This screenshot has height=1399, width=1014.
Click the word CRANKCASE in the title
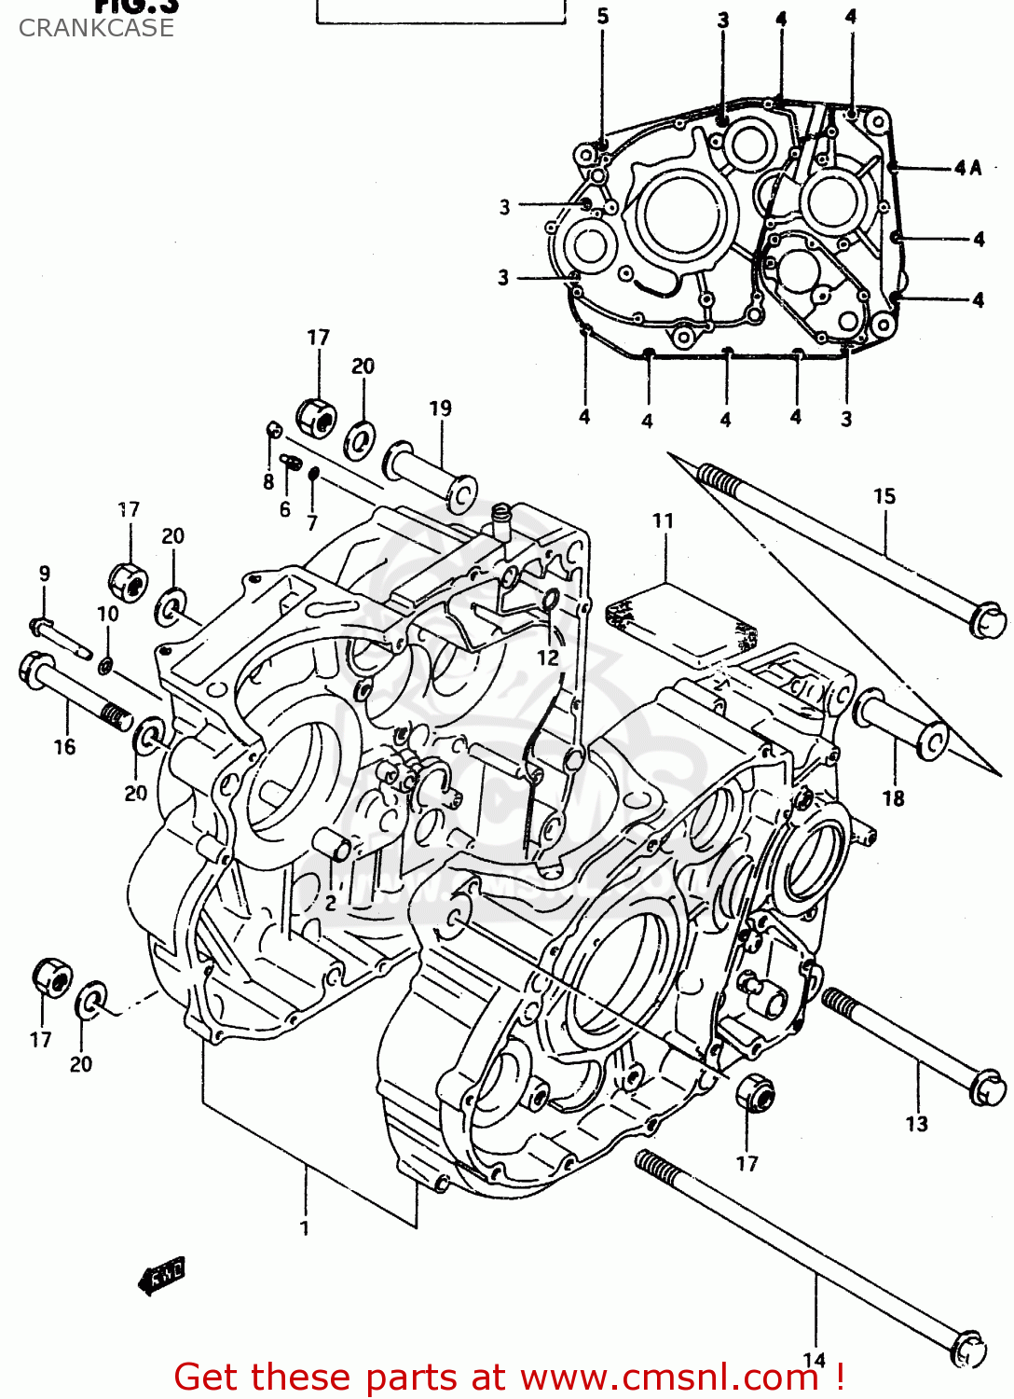[x=96, y=28]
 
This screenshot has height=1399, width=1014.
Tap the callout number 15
[x=884, y=496]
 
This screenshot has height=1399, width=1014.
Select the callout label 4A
[x=967, y=168]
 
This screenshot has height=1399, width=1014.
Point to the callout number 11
[x=663, y=520]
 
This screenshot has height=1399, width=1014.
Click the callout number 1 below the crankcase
[x=304, y=1227]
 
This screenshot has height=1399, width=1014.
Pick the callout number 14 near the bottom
[x=814, y=1360]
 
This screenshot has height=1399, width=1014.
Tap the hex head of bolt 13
[x=988, y=1087]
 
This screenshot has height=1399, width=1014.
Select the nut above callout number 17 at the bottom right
[x=754, y=1091]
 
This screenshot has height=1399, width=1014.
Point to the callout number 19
[x=440, y=408]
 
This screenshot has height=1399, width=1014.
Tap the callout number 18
[x=893, y=797]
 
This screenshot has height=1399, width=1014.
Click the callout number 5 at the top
[x=603, y=16]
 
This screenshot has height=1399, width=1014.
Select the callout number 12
[x=547, y=657]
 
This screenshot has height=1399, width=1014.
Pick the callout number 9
[x=45, y=574]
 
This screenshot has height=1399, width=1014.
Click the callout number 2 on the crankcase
[x=330, y=903]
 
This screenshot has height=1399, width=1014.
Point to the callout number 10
[x=108, y=614]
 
